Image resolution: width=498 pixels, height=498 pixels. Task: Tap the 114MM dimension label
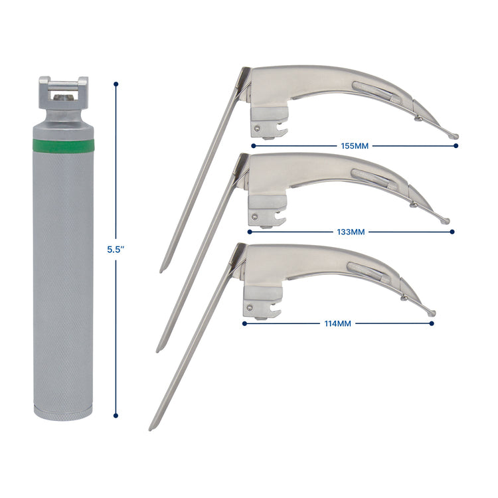click(338, 323)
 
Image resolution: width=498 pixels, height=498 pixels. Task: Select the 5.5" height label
click(117, 250)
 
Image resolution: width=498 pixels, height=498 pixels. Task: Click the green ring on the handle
click(64, 144)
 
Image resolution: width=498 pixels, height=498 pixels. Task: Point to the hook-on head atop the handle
click(64, 90)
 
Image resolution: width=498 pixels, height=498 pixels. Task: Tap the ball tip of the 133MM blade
click(446, 221)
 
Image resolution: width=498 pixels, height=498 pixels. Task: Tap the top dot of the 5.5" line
click(117, 84)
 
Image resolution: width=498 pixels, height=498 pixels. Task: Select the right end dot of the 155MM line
click(457, 144)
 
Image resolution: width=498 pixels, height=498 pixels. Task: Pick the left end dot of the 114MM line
click(244, 323)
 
